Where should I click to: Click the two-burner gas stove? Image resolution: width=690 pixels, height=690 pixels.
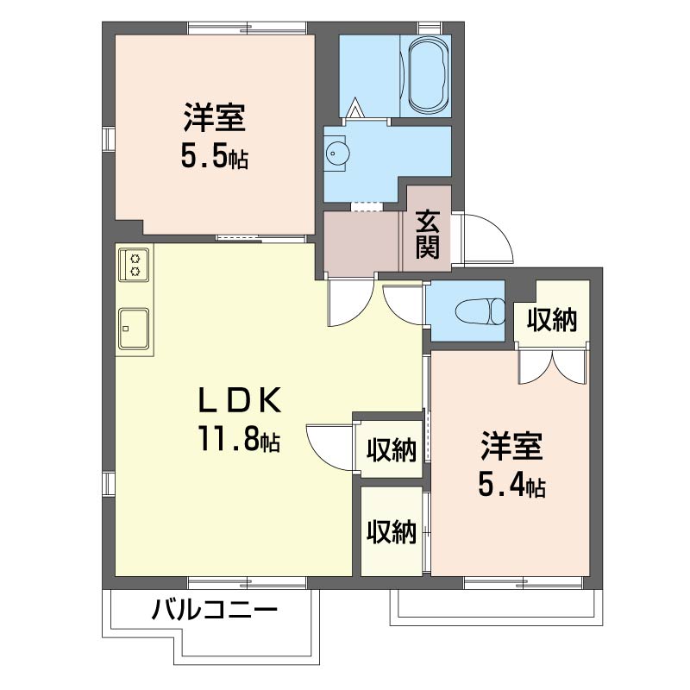[x=134, y=264]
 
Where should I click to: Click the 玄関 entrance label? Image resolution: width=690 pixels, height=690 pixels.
[x=429, y=235]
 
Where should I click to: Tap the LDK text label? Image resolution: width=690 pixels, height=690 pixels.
[x=240, y=400]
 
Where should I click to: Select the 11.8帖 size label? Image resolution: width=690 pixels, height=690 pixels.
[x=240, y=440]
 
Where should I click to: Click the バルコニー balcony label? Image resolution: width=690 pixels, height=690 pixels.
[x=215, y=613]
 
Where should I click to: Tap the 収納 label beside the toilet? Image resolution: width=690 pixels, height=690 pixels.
[x=552, y=321]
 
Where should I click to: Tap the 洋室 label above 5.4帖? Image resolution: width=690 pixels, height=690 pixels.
[x=511, y=448]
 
